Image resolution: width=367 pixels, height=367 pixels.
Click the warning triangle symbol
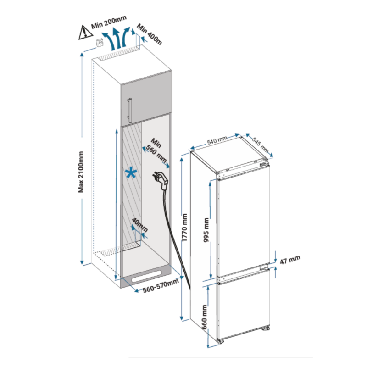pyautogui.click(x=84, y=32)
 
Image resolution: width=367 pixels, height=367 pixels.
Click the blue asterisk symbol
pyautogui.click(x=131, y=173)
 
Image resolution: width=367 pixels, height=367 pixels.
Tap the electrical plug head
pyautogui.click(x=160, y=179)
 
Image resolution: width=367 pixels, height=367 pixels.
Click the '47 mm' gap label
pyautogui.click(x=290, y=261)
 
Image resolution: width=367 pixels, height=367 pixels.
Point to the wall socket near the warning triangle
pyautogui.click(x=99, y=44)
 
